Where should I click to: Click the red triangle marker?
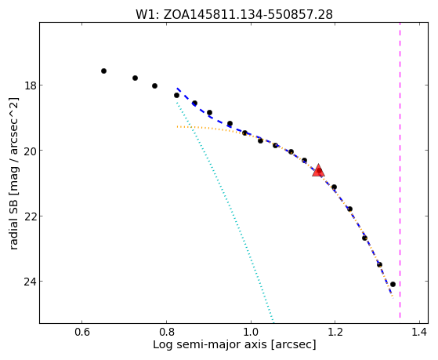pyautogui.click(x=318, y=171)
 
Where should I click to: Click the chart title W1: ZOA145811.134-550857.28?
pyautogui.click(x=234, y=15)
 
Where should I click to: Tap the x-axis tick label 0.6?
pyautogui.click(x=81, y=332)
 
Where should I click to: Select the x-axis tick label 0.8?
pyautogui.click(x=166, y=332)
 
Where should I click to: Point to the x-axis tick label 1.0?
pyautogui.click(x=251, y=332)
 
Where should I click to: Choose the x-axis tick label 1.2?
pyautogui.click(x=335, y=332)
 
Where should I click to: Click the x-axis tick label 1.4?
pyautogui.click(x=419, y=332)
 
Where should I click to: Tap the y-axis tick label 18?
pyautogui.click(x=30, y=85)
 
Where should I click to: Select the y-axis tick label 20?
pyautogui.click(x=30, y=151)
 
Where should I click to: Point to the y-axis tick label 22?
pyautogui.click(x=30, y=216)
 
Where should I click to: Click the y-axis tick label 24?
pyautogui.click(x=30, y=282)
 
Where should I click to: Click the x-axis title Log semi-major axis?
pyautogui.click(x=210, y=344)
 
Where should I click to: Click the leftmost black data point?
pyautogui.click(x=103, y=71)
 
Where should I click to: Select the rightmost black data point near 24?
pyautogui.click(x=393, y=284)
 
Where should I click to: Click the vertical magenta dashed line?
pyautogui.click(x=400, y=170)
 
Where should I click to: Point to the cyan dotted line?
pyautogui.click(x=225, y=213)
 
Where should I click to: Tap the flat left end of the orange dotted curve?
pyautogui.click(x=177, y=127)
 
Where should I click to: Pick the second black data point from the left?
pyautogui.click(x=136, y=78)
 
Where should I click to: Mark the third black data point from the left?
pyautogui.click(x=155, y=85)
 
